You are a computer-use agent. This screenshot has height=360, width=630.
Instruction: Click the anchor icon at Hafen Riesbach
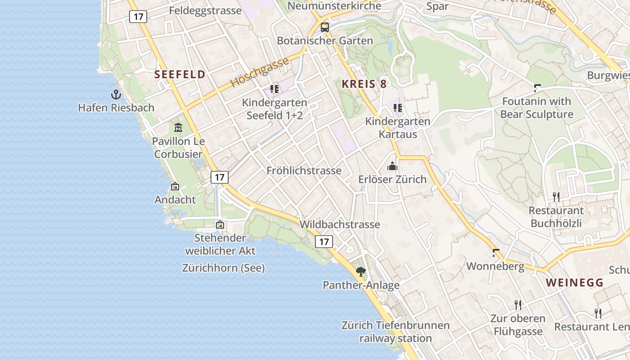[x=116, y=94]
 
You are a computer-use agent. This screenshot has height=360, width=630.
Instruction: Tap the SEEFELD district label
[x=180, y=75]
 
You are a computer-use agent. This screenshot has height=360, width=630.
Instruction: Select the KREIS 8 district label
[x=364, y=84]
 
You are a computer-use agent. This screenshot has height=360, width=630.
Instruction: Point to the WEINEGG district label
[x=575, y=283]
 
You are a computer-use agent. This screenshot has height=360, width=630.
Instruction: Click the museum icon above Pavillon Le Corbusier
[x=178, y=128]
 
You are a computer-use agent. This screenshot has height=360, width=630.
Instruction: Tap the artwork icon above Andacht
[x=175, y=186]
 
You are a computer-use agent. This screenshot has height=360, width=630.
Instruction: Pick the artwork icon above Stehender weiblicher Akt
[x=220, y=224]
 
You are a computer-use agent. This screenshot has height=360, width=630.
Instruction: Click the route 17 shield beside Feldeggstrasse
[x=138, y=17]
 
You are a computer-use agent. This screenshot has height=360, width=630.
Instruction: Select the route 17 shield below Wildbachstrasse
[x=324, y=242]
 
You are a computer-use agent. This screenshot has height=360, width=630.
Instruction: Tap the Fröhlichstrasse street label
[x=304, y=171]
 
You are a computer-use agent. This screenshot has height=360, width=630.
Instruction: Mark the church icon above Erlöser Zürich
[x=392, y=166]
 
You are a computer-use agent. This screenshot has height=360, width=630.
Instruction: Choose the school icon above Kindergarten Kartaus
[x=397, y=108]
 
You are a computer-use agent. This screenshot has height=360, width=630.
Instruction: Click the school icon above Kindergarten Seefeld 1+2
[x=274, y=89]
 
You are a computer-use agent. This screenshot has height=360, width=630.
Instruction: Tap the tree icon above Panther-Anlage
[x=360, y=271]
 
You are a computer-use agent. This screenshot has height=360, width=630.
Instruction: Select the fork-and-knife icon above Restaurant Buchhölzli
[x=556, y=197]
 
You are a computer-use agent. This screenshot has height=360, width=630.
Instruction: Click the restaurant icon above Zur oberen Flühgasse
[x=518, y=305]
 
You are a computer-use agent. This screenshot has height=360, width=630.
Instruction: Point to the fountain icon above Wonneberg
[x=496, y=253]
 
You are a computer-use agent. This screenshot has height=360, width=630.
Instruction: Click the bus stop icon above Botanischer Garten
[x=324, y=27]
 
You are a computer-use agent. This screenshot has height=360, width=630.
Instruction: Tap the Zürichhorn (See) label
[x=223, y=268]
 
